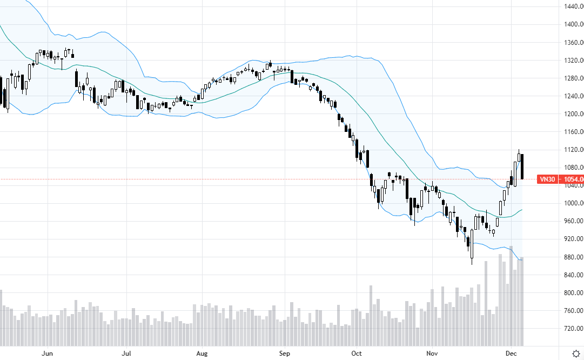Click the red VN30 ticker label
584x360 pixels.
click(x=547, y=179)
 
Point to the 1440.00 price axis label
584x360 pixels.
click(x=573, y=6)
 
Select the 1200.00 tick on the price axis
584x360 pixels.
click(x=573, y=114)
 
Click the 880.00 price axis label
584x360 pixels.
click(x=573, y=257)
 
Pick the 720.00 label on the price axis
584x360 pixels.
click(x=573, y=329)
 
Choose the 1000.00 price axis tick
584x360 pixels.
click(x=573, y=203)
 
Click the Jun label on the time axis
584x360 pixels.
click(x=48, y=353)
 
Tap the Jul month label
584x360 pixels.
click(x=126, y=353)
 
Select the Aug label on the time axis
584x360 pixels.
click(x=202, y=353)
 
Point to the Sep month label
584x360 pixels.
click(x=285, y=353)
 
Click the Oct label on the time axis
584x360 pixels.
click(x=357, y=353)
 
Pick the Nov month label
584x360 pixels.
click(x=432, y=353)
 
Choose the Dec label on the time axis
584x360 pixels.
click(x=511, y=353)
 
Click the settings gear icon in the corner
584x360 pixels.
click(x=576, y=352)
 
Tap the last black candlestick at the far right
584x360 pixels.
click(x=522, y=166)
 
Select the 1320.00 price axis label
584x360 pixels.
click(x=573, y=60)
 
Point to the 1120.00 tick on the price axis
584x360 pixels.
click(x=573, y=150)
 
